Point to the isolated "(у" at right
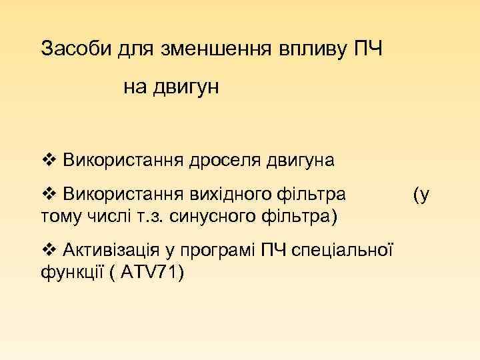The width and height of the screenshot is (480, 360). (421, 194)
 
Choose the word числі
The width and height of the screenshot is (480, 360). (101, 216)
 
